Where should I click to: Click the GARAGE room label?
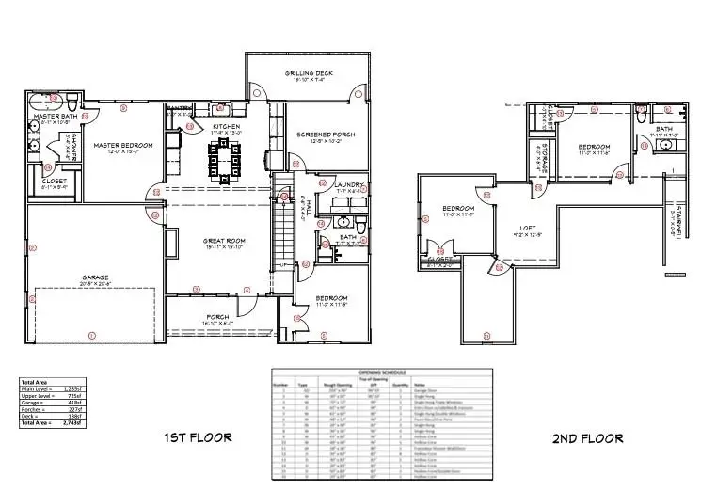(95, 277)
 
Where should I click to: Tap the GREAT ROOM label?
(224, 242)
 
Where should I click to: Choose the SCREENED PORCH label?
(326, 135)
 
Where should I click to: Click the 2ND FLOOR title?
(587, 438)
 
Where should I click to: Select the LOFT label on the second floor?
(528, 228)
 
